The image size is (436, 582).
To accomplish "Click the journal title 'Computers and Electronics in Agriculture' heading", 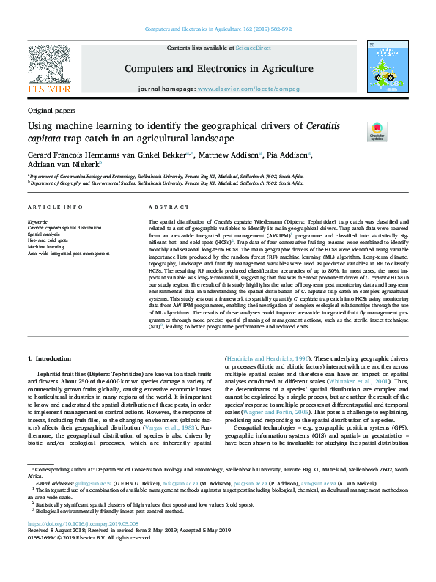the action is [218, 69].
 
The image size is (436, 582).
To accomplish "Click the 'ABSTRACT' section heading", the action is [163, 207].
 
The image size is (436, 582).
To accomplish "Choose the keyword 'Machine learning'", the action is [46, 247].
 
